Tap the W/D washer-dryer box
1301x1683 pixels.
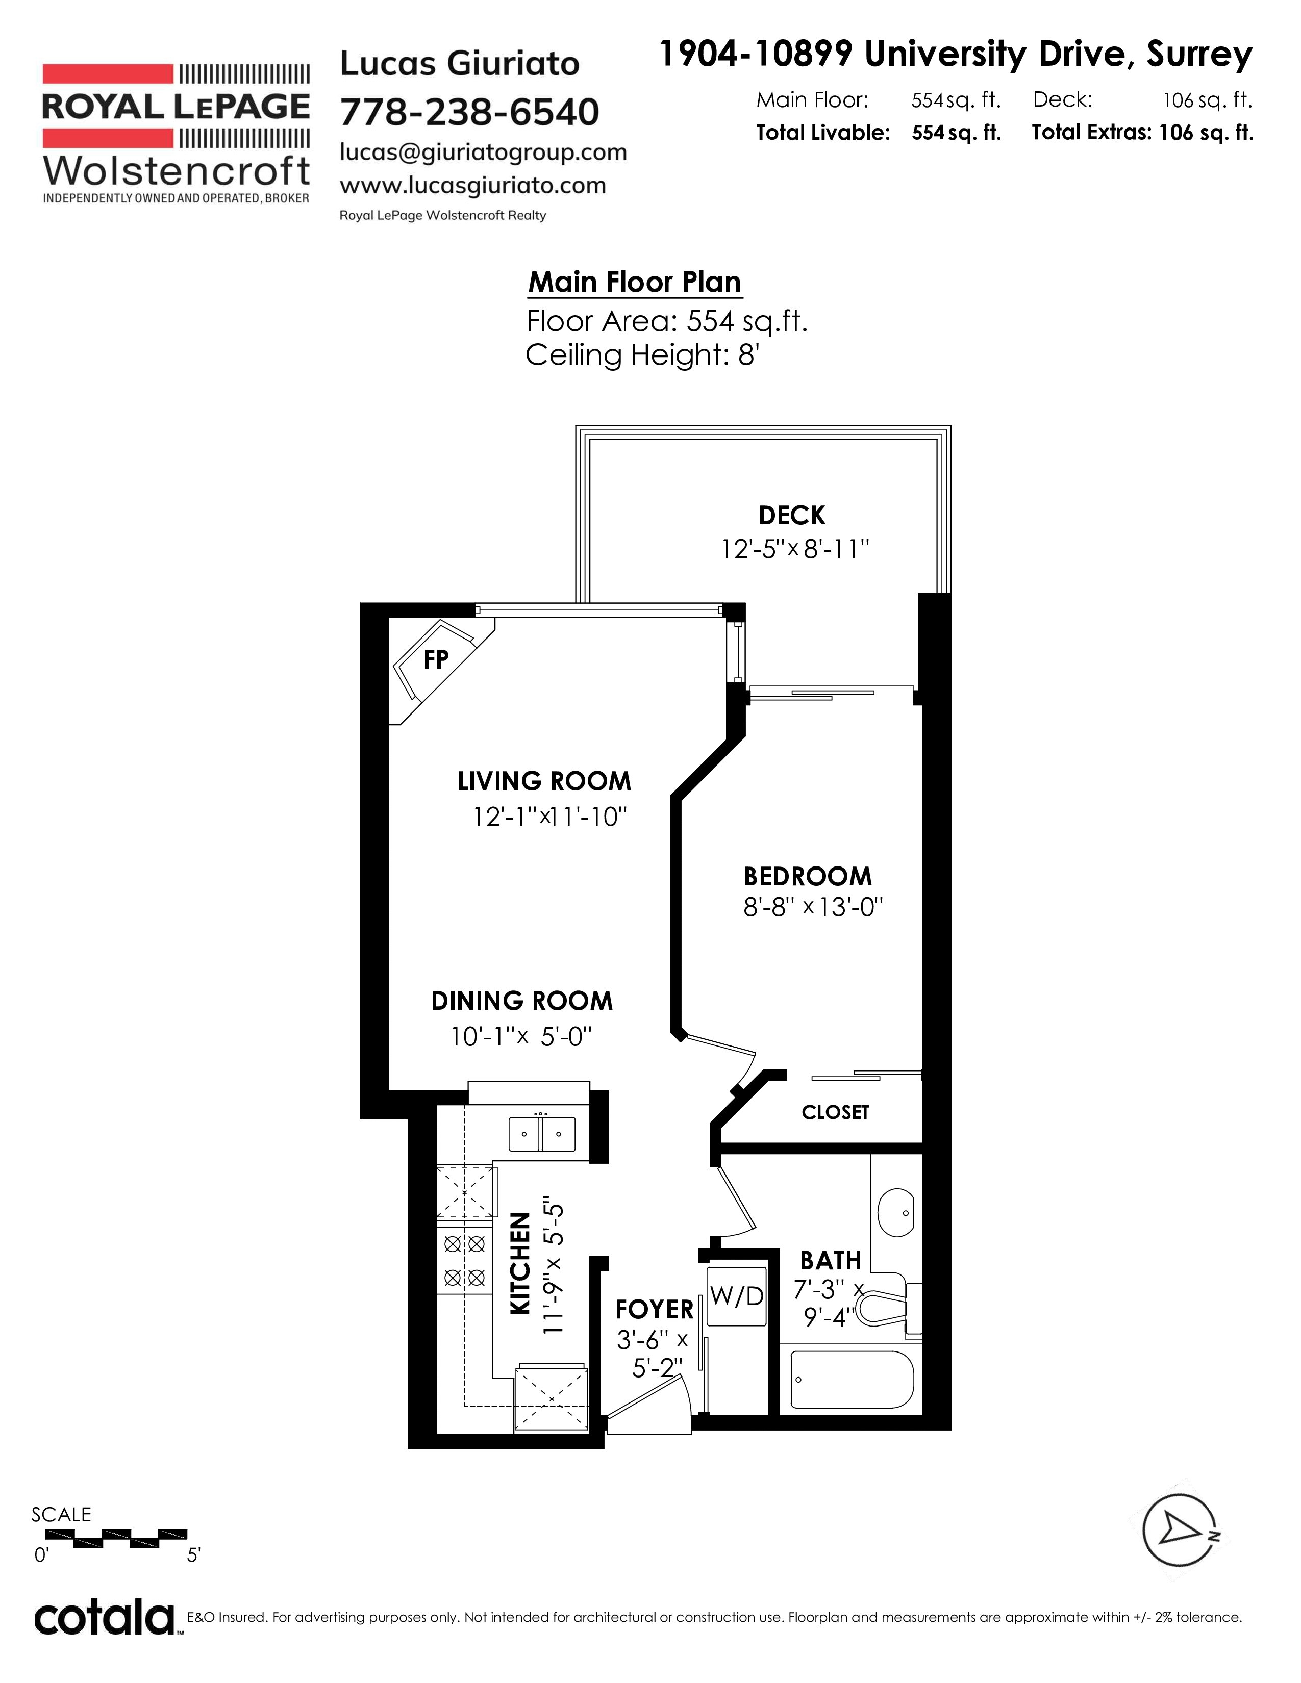coord(737,1296)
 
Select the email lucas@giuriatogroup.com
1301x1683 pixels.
coord(483,152)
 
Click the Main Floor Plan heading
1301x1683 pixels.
coord(634,282)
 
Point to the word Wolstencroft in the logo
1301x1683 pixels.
coord(177,170)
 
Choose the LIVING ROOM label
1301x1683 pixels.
coord(544,781)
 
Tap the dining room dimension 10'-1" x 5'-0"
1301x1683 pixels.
coord(522,1036)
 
